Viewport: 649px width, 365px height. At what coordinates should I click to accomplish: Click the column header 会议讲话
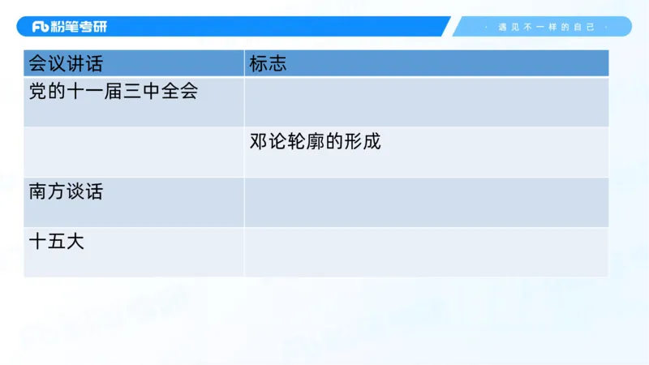click(66, 63)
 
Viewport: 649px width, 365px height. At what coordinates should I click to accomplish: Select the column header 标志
click(268, 63)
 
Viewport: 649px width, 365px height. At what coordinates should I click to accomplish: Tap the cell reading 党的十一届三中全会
click(113, 92)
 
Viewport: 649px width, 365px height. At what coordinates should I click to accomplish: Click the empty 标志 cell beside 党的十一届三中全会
click(426, 102)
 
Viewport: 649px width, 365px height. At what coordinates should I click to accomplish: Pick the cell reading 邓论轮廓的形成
click(316, 142)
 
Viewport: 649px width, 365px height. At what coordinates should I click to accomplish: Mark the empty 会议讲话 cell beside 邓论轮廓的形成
click(134, 152)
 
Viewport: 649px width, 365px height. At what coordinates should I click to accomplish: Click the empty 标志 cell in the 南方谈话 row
click(426, 202)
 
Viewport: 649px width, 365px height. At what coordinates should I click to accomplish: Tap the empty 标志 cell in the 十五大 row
click(426, 252)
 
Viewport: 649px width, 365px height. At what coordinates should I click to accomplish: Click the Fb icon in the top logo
click(41, 27)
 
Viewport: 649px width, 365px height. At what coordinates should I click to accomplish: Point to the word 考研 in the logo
click(93, 27)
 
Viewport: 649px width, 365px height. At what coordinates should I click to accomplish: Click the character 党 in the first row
click(37, 92)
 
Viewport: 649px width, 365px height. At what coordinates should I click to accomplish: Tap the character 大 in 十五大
click(75, 242)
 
